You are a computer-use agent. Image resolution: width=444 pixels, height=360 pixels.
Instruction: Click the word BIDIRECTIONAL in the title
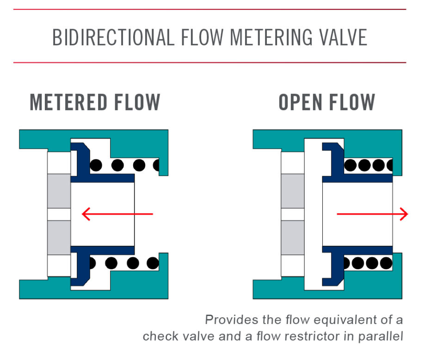point(113,37)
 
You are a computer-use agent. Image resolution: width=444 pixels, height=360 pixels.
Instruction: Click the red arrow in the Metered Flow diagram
point(117,214)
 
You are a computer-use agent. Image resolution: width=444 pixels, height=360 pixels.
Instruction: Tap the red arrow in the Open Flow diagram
point(372,214)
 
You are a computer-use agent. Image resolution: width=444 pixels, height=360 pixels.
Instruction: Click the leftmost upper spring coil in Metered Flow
point(96,165)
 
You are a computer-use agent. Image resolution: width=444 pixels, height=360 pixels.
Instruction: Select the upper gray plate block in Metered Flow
point(59,191)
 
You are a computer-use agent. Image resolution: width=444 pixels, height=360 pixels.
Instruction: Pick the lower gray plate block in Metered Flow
point(59,237)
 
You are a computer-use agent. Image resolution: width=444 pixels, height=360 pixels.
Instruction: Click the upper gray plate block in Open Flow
point(292,191)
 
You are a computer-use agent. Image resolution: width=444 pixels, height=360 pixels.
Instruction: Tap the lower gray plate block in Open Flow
point(292,237)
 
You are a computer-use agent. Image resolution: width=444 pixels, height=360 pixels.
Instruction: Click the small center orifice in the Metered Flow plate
point(59,214)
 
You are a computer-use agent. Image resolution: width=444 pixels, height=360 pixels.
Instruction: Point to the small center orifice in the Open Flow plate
point(292,214)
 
